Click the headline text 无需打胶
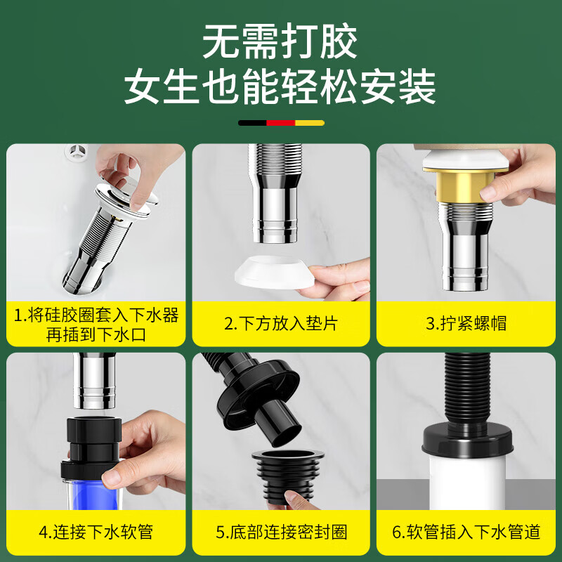click(280, 43)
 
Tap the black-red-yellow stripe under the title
click(281, 123)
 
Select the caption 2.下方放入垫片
click(281, 323)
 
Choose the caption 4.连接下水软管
click(96, 532)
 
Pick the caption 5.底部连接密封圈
click(281, 532)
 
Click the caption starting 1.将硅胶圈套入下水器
click(96, 324)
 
